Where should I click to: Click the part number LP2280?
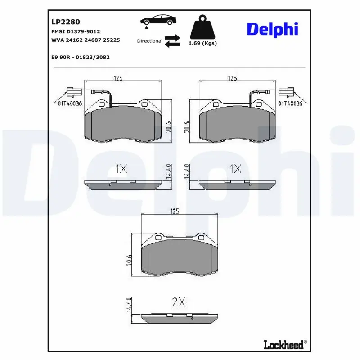tap(66, 22)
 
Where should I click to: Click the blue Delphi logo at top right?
tap(273, 29)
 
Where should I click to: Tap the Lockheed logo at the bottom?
tap(285, 345)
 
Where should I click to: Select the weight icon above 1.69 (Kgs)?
tap(202, 27)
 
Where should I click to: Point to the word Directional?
tap(150, 41)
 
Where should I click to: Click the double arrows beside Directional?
tap(172, 41)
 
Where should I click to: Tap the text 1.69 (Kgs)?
tap(202, 43)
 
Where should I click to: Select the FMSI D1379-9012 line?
tap(76, 31)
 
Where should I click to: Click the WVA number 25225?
tap(112, 40)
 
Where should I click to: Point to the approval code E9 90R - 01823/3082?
tap(81, 57)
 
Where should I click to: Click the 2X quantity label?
tap(179, 302)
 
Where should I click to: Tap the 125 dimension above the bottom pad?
tap(175, 211)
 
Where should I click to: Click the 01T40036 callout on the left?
tap(70, 103)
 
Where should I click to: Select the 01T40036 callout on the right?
tap(290, 103)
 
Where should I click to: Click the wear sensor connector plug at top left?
tap(73, 92)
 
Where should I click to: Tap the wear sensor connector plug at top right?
tap(286, 92)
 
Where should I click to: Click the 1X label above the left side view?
tap(121, 169)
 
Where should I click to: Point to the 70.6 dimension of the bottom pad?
tap(129, 260)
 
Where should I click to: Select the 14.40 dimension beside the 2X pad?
tap(129, 305)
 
